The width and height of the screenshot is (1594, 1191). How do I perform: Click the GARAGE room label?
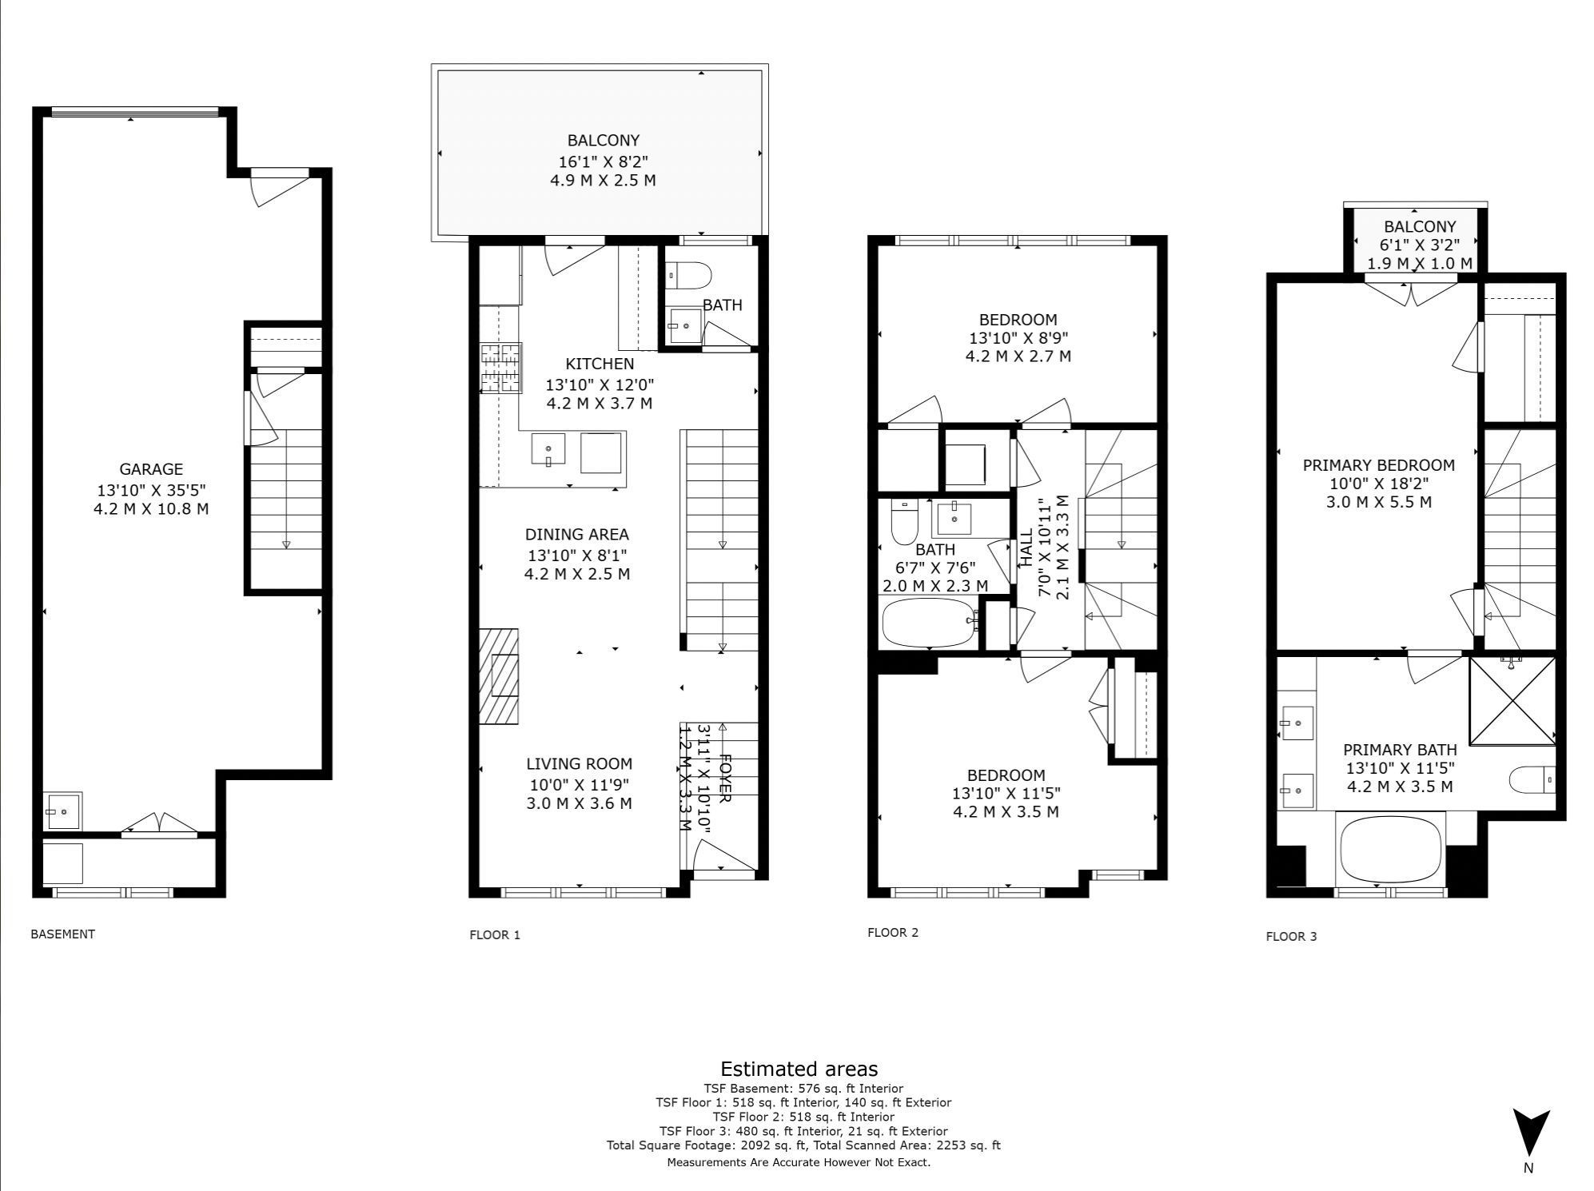151,469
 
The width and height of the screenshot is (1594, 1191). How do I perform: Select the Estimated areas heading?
799,1069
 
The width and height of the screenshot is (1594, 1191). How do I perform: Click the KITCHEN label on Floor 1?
600,364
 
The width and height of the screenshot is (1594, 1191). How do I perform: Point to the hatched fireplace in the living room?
499,676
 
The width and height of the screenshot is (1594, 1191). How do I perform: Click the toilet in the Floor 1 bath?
687,276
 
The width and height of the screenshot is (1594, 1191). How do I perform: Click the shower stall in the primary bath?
1512,700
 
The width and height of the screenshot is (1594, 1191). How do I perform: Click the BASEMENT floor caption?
62,934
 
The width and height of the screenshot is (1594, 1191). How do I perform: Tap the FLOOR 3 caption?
1291,936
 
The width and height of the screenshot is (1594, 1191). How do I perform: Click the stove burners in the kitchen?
500,368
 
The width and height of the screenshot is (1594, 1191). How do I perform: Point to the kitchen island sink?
548,448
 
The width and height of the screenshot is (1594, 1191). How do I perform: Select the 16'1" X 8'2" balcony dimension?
604,161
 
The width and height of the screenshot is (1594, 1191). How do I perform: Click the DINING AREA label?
576,534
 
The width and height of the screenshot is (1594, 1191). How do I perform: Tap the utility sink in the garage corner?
62,811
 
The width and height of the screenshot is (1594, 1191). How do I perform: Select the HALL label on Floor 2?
1026,549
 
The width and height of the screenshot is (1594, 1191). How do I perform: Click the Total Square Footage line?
803,1145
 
